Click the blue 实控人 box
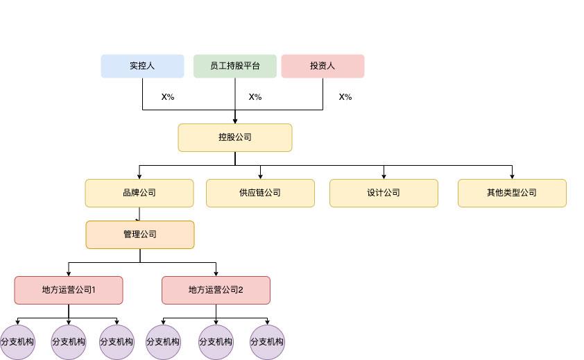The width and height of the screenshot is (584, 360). pos(142,66)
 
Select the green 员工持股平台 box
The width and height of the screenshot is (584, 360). pos(235,66)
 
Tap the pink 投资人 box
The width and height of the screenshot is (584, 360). pos(323,66)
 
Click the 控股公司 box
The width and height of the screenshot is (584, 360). pos(235,137)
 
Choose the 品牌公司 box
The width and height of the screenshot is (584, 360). pos(139,193)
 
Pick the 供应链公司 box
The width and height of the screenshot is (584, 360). pos(260,193)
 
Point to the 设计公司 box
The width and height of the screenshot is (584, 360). pos(384,193)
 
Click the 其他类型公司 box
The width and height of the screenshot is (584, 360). pos(512,193)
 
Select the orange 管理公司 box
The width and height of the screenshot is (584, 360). pos(140,234)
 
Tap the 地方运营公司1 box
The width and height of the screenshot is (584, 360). pos(69,290)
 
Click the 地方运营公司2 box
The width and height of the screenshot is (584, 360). pos(216,290)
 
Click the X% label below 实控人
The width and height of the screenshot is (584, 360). pos(168,97)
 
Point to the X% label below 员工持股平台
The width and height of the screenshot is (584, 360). pos(255,97)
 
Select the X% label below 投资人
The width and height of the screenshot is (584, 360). pos(345,97)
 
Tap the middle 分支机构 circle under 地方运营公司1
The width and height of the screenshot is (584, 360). pos(69,342)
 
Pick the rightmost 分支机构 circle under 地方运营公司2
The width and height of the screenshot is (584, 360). pos(267,342)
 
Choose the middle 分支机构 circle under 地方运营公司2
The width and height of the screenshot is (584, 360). pos(216,342)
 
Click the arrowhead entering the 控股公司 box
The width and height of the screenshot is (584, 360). pos(235,121)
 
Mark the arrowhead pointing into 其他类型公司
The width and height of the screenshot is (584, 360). pos(512,176)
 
